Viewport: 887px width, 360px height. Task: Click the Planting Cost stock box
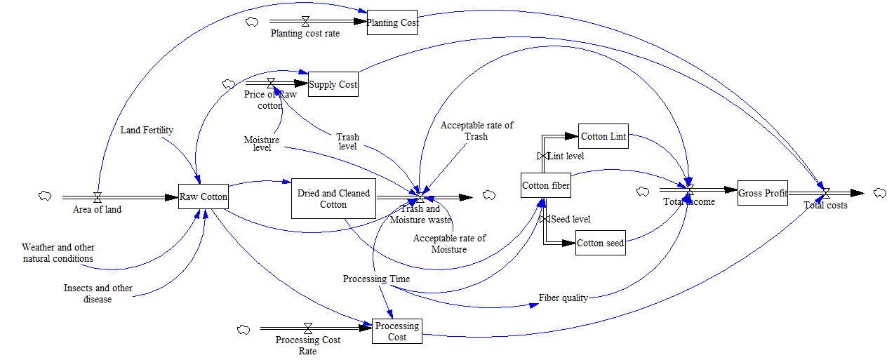(x=392, y=22)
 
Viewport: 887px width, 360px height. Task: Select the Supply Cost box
(x=333, y=84)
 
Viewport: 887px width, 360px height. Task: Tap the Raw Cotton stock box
(x=204, y=196)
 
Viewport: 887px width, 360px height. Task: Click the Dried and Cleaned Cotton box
(x=333, y=198)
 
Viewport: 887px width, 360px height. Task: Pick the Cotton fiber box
(x=545, y=186)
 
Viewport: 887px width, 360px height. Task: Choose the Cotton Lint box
(x=603, y=136)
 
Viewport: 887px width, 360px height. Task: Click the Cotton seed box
(x=600, y=243)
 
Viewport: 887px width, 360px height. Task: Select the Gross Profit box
(x=763, y=192)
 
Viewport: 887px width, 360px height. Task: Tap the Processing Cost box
(x=397, y=331)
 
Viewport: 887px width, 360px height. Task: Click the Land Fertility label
(x=147, y=130)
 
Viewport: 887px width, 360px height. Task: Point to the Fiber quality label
(x=563, y=298)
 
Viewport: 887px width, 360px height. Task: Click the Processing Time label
(x=376, y=279)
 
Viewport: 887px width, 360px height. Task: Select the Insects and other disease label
(x=98, y=293)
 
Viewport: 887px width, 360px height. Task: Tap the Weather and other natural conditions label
(x=58, y=253)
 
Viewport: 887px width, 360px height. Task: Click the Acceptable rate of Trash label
(x=476, y=131)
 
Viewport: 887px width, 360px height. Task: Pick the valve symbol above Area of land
(x=98, y=197)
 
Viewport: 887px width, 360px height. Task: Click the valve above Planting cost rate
(x=305, y=22)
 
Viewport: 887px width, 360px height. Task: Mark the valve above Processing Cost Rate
(x=307, y=328)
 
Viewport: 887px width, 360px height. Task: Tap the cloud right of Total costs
(x=880, y=192)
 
